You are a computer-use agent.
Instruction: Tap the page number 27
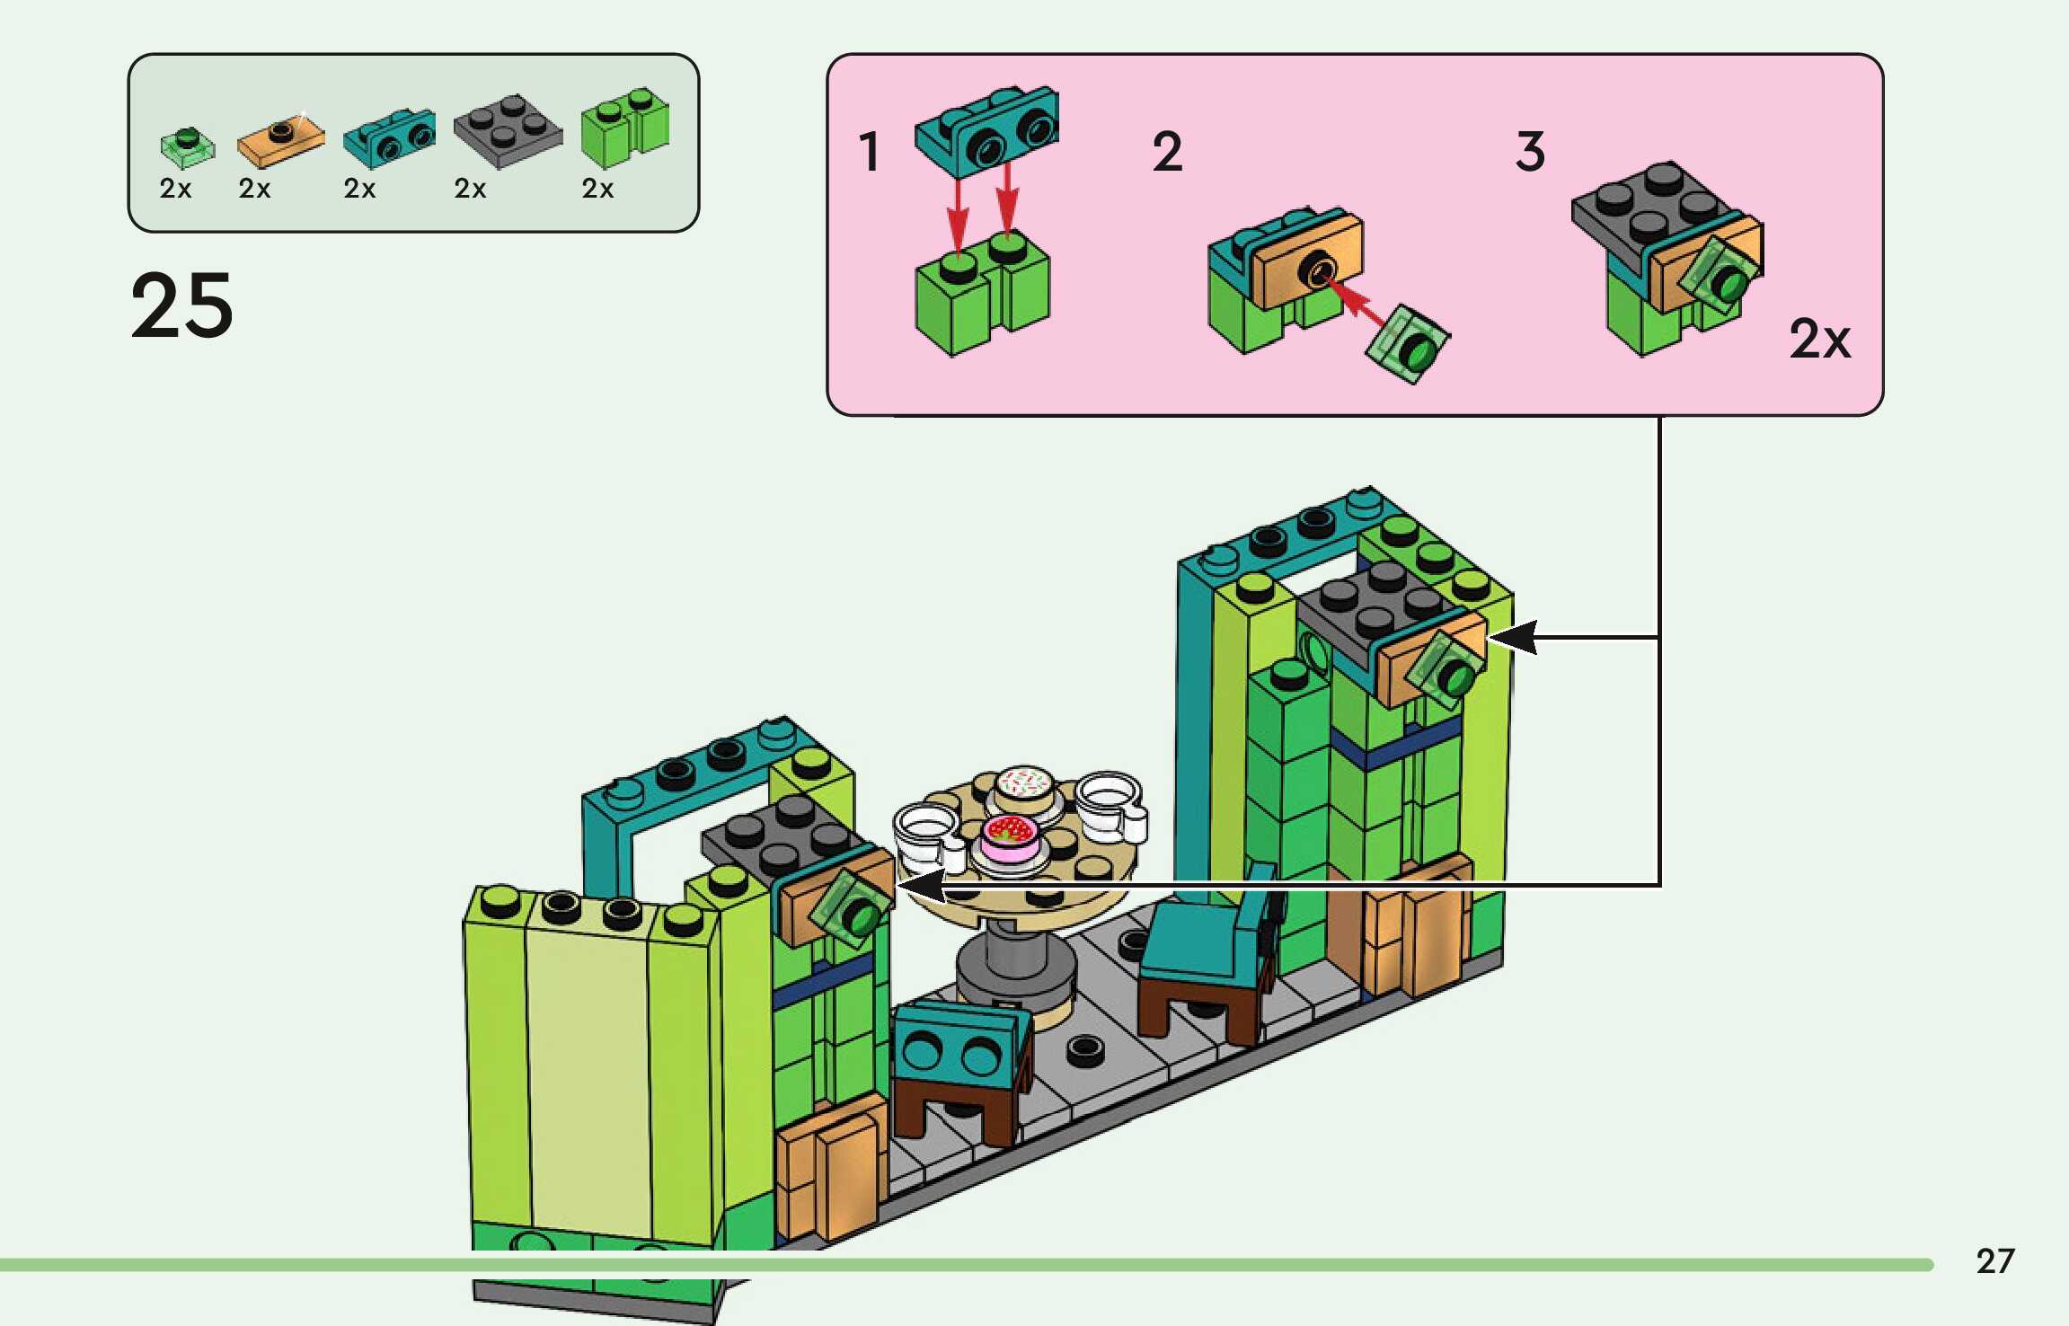pyautogui.click(x=1994, y=1261)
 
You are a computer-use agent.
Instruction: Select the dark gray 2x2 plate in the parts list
pyautogui.click(x=508, y=131)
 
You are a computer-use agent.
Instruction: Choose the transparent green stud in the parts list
pyautogui.click(x=188, y=146)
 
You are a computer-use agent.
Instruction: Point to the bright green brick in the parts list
pyautogui.click(x=624, y=128)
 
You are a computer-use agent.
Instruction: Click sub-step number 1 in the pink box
pyautogui.click(x=869, y=152)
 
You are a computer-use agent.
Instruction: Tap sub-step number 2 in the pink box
pyautogui.click(x=1167, y=152)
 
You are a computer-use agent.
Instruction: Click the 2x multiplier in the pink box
pyautogui.click(x=1820, y=340)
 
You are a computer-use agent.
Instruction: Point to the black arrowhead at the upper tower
pyautogui.click(x=1514, y=637)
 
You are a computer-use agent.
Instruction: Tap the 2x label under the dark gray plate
pyautogui.click(x=470, y=189)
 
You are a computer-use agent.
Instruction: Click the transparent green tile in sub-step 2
pyautogui.click(x=1407, y=345)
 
